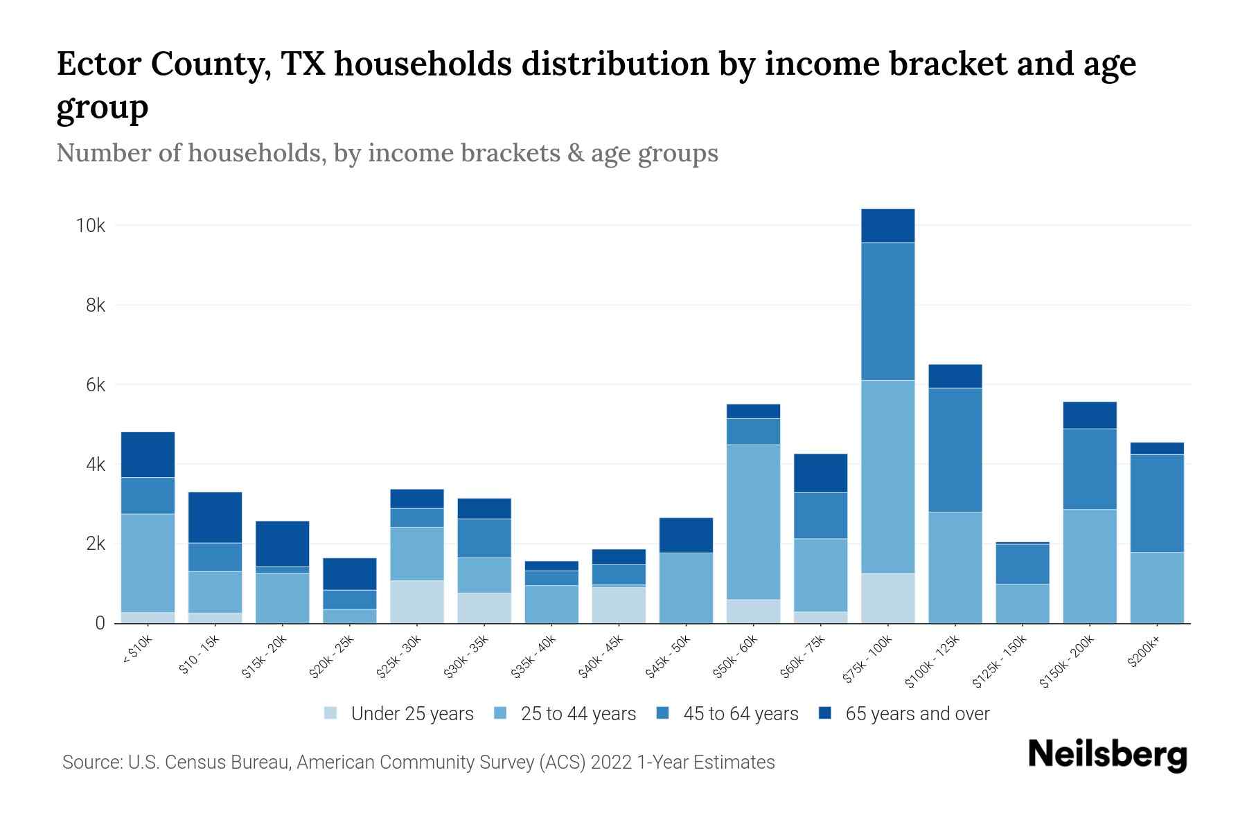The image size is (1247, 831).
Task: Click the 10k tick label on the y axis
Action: point(91,226)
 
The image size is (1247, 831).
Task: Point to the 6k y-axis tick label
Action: point(95,385)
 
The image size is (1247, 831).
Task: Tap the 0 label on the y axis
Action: point(100,623)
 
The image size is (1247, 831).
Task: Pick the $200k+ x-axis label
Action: point(1143,653)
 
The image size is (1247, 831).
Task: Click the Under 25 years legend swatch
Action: point(331,713)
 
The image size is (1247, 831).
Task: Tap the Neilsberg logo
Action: point(1107,756)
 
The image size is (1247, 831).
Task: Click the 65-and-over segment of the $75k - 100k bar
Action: point(887,226)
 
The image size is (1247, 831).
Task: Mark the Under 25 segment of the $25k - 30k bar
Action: point(416,602)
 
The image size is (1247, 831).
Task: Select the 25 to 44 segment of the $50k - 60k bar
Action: point(753,521)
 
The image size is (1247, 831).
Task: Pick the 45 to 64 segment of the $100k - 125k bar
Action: point(955,450)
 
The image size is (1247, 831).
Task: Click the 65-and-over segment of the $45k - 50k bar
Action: point(686,535)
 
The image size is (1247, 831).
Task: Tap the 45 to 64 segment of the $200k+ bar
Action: point(1156,503)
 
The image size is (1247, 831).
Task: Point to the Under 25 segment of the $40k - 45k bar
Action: point(619,605)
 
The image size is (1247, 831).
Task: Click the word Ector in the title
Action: point(96,64)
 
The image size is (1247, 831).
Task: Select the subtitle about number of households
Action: point(387,153)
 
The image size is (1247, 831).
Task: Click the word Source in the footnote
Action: point(90,762)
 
